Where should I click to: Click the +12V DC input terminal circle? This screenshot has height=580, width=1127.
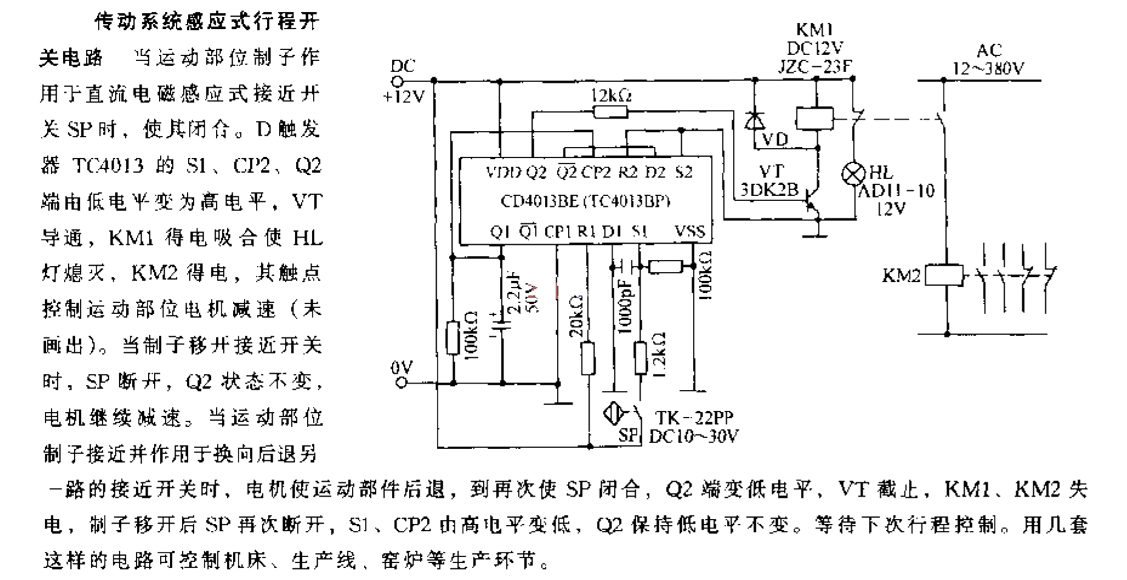(x=399, y=81)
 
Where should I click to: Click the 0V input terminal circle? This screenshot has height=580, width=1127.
(x=402, y=382)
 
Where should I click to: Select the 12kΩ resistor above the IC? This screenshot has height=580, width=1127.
(x=610, y=112)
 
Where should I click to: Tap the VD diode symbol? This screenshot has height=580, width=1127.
(x=755, y=121)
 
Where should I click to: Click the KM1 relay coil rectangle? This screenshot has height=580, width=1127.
(x=814, y=118)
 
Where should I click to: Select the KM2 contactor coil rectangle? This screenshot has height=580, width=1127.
(x=944, y=275)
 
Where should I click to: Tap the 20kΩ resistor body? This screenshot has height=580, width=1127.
(x=588, y=358)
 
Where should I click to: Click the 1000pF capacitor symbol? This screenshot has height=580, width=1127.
(x=625, y=266)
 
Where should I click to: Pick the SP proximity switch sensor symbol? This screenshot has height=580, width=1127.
(x=614, y=413)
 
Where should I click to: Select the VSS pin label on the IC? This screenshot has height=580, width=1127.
(x=690, y=231)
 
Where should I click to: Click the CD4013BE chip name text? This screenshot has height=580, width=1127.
(x=540, y=201)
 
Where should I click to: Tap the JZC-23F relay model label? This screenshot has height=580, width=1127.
(x=815, y=66)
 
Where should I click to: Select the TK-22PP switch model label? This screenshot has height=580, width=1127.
(x=694, y=418)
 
